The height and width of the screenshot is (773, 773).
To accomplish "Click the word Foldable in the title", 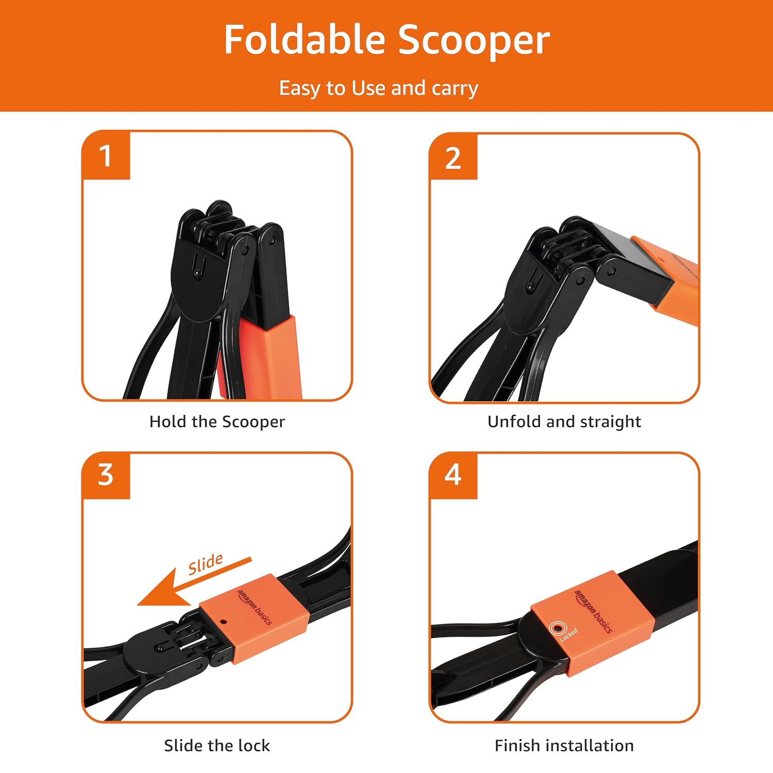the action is coord(305,40).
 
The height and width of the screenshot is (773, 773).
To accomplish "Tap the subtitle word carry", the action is coord(455,89).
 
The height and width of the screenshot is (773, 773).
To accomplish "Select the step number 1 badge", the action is coord(106,156).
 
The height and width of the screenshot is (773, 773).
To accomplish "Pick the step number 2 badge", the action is coord(453,157).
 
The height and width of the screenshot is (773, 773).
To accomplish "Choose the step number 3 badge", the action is coord(106,475).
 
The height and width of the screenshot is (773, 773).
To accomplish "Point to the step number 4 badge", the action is coord(453,475).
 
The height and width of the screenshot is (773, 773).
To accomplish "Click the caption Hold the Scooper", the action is coord(217,422).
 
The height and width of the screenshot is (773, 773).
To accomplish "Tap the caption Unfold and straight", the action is coord(564,422).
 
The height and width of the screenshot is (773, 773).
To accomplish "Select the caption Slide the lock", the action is coord(217,746).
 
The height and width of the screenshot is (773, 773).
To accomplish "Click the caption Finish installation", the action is coord(564,746).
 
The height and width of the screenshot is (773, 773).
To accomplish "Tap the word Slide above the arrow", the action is coord(206,564).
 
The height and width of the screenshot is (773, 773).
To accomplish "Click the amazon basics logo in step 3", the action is coord(255,607).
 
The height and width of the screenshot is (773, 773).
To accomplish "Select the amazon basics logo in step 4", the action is coord(594,611).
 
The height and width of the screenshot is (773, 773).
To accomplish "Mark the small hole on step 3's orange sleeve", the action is coord(223,621).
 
